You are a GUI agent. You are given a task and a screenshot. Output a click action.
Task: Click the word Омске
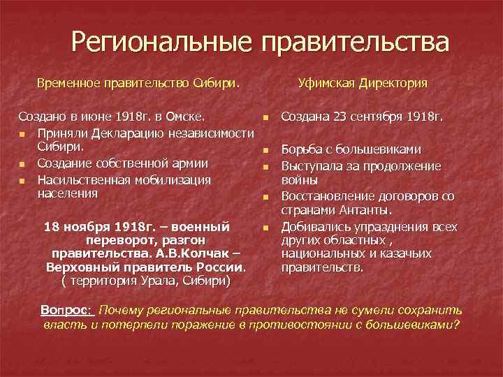point(184,115)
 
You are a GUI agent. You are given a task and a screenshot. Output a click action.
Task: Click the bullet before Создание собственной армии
point(23,164)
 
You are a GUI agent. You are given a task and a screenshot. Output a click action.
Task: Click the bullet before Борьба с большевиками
point(266,149)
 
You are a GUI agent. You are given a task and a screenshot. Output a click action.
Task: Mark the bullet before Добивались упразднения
point(266,228)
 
